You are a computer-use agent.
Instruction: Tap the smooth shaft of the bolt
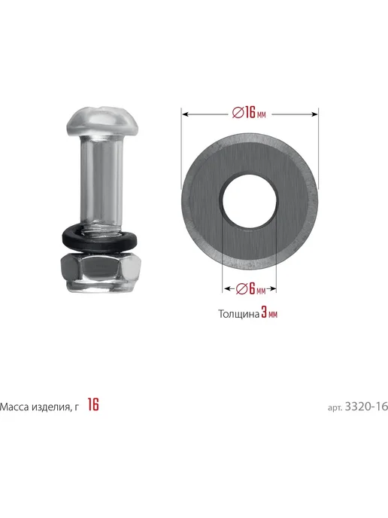[101, 178]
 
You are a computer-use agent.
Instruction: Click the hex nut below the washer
[101, 272]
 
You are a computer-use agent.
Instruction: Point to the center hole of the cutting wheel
[249, 201]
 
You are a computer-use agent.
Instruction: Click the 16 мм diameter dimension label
[249, 113]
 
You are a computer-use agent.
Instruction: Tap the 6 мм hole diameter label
[251, 289]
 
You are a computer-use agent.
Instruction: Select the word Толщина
[239, 314]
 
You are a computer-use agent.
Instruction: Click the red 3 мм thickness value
[269, 312]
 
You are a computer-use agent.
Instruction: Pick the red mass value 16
[93, 404]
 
